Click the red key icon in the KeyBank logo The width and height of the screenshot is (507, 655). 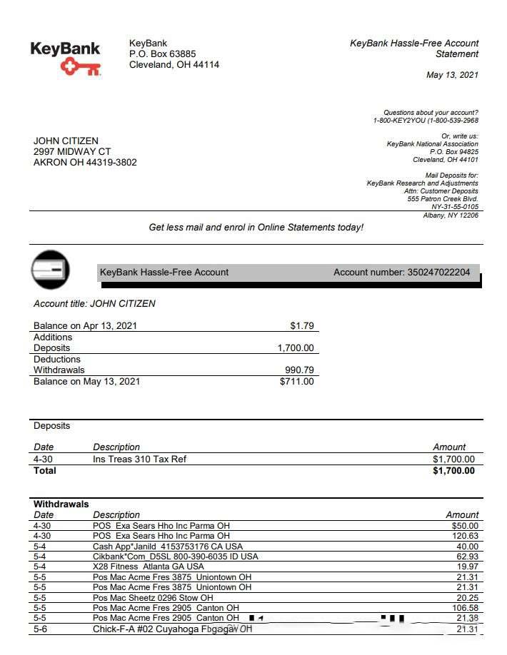coord(79,67)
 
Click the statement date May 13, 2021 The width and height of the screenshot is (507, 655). coord(452,75)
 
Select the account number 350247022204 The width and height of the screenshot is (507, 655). coord(438,272)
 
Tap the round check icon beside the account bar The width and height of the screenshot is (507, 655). coord(50,270)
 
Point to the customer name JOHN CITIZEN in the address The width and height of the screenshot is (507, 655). coord(66,141)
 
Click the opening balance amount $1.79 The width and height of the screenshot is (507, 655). coord(301,325)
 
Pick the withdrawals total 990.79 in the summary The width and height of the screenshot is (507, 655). coord(299,370)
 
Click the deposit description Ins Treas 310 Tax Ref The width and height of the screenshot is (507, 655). coord(139,459)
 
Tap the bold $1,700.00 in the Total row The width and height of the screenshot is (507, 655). coord(453,470)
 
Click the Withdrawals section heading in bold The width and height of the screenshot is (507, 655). coord(61,504)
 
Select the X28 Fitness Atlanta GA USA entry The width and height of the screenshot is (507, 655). coord(149,567)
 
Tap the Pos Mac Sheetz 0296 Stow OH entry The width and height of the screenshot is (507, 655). coord(153,597)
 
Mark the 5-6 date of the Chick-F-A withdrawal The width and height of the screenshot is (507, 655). coord(40,629)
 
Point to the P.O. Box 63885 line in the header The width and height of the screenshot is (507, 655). coord(162,54)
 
